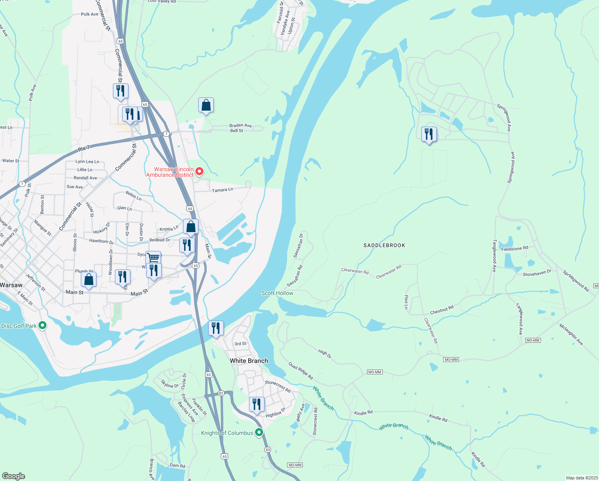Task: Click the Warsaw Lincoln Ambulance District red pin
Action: pos(199,172)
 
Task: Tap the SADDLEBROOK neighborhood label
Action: pos(384,245)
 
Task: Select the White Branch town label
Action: pos(249,361)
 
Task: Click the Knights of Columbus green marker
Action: pos(259,432)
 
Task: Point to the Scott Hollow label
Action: pos(277,293)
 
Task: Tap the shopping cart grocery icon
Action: pos(153,257)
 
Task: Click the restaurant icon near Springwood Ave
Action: pos(428,134)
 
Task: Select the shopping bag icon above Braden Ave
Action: pos(206,105)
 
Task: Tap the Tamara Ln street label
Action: pos(222,190)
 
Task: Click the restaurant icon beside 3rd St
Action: pos(216,328)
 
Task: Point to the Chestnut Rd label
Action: pos(442,310)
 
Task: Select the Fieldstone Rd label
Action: pos(515,249)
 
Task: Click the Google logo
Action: pos(13,476)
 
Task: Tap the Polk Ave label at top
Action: pos(89,14)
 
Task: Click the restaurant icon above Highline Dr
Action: pos(257,404)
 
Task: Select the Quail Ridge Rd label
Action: pos(301,371)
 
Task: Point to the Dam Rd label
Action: pos(177,465)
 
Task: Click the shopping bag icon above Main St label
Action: pos(88,279)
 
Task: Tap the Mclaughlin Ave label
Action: pos(571,334)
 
